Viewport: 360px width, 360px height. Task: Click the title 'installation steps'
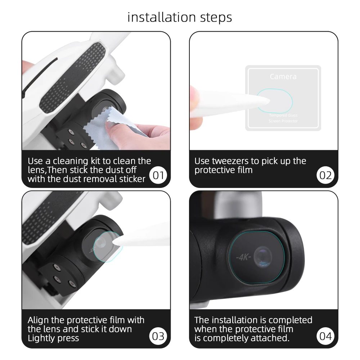[180, 17]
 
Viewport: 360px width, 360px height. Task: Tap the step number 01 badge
[158, 175]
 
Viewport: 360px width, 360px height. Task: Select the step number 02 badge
[325, 175]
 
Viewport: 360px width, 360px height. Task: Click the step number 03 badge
[158, 336]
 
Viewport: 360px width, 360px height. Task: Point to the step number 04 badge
[325, 336]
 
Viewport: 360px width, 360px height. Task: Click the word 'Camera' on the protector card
[283, 77]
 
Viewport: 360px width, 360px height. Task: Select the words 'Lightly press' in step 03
[53, 338]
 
